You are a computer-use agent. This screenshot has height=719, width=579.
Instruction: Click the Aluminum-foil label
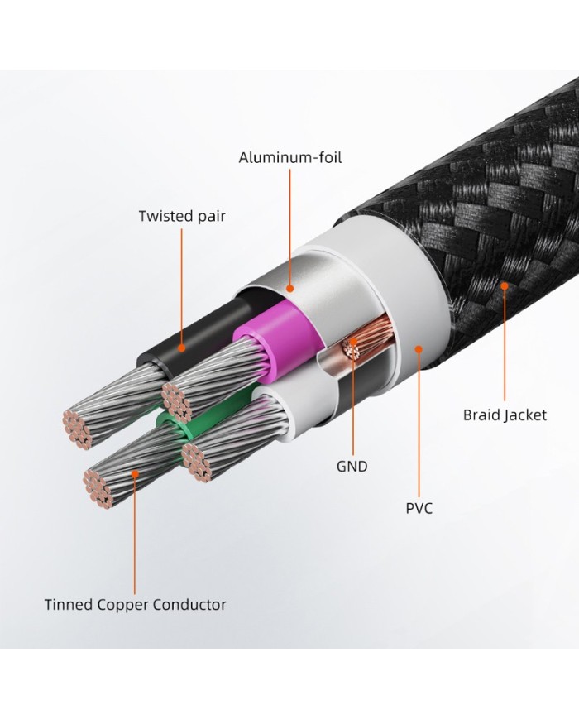(x=289, y=157)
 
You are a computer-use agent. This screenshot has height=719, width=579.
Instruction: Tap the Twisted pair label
(x=182, y=217)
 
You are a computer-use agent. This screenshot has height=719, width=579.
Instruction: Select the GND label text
(x=352, y=467)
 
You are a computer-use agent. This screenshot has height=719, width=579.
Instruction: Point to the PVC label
(x=419, y=508)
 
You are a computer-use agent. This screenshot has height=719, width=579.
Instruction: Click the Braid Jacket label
(x=505, y=415)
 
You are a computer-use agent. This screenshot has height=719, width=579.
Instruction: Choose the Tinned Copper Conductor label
(x=135, y=604)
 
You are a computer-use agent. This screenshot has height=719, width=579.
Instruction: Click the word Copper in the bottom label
(x=132, y=604)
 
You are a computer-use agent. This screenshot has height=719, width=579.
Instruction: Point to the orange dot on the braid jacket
(x=504, y=286)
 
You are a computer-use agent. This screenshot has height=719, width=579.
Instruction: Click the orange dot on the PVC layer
(x=419, y=349)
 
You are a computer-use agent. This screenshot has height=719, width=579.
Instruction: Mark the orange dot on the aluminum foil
(x=289, y=288)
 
